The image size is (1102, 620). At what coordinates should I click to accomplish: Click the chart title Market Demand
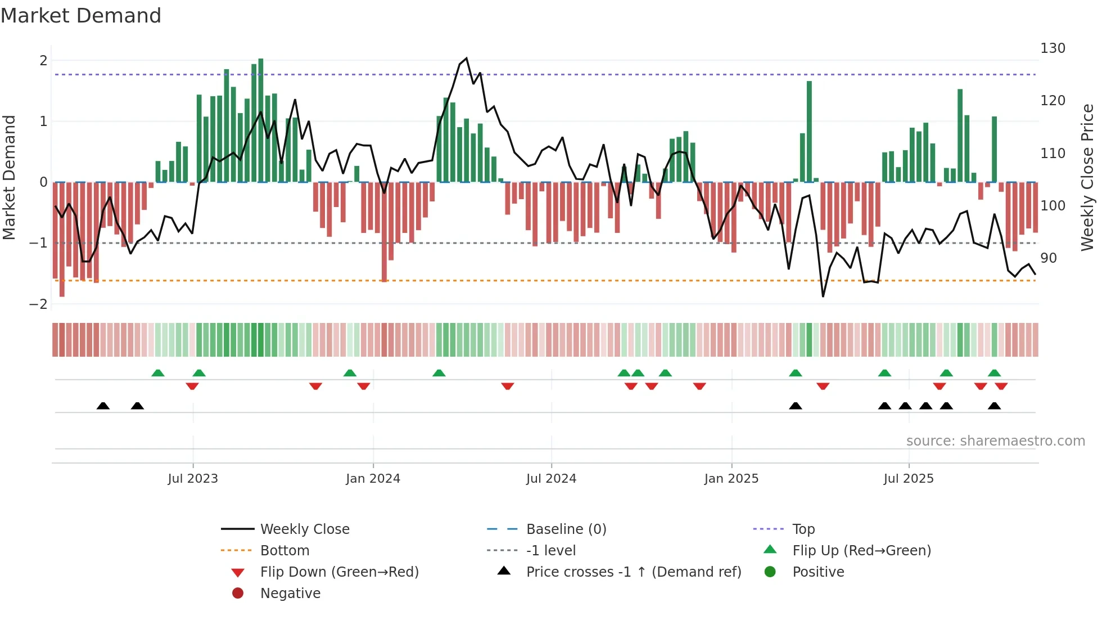pos(81,16)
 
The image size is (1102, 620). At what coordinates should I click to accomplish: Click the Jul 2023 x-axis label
pos(193,479)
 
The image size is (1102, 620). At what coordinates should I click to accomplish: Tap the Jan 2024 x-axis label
pos(373,479)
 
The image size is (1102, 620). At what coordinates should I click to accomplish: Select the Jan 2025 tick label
pos(731,479)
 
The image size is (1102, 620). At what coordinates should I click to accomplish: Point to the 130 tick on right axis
pos(1053,48)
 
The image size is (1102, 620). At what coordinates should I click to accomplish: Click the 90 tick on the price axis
pos(1048,258)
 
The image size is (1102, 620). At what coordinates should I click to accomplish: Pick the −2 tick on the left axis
pos(38,304)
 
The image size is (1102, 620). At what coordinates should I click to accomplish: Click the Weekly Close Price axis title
pos(1087,177)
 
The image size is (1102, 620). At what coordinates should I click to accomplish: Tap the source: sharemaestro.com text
pos(995,441)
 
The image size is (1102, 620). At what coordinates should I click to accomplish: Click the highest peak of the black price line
pos(466,59)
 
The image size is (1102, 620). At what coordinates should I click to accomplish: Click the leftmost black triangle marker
pos(103,406)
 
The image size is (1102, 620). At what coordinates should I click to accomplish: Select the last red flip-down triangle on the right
pos(1001,387)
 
